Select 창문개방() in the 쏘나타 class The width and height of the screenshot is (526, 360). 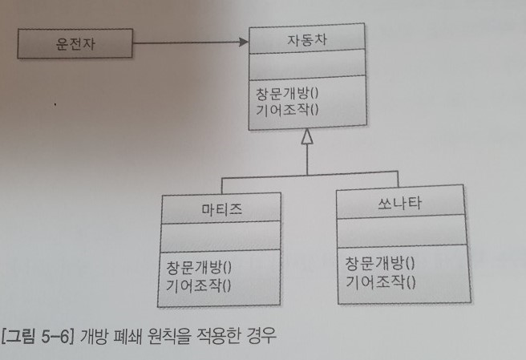(x=379, y=263)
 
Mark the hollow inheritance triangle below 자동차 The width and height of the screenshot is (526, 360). (x=305, y=138)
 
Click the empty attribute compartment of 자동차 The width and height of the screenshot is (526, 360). (x=306, y=65)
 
